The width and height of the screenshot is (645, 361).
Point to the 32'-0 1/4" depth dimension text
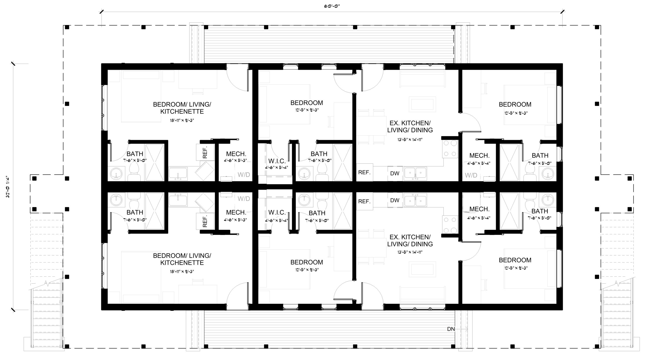click(8, 187)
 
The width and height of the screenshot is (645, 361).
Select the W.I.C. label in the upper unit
click(277, 161)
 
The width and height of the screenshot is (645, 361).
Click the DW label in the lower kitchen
click(395, 200)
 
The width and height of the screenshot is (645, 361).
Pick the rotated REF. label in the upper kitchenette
click(205, 152)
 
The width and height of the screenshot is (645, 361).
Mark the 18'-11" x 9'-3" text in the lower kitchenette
click(182, 272)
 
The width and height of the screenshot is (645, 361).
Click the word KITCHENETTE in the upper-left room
click(182, 111)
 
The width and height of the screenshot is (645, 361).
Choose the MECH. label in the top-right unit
click(479, 155)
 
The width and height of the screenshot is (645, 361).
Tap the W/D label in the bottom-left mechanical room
click(244, 199)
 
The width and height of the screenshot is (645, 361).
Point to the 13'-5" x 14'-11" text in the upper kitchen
click(410, 139)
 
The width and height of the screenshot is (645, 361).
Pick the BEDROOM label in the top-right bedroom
click(515, 104)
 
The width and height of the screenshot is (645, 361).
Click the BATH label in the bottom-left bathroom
click(135, 212)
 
